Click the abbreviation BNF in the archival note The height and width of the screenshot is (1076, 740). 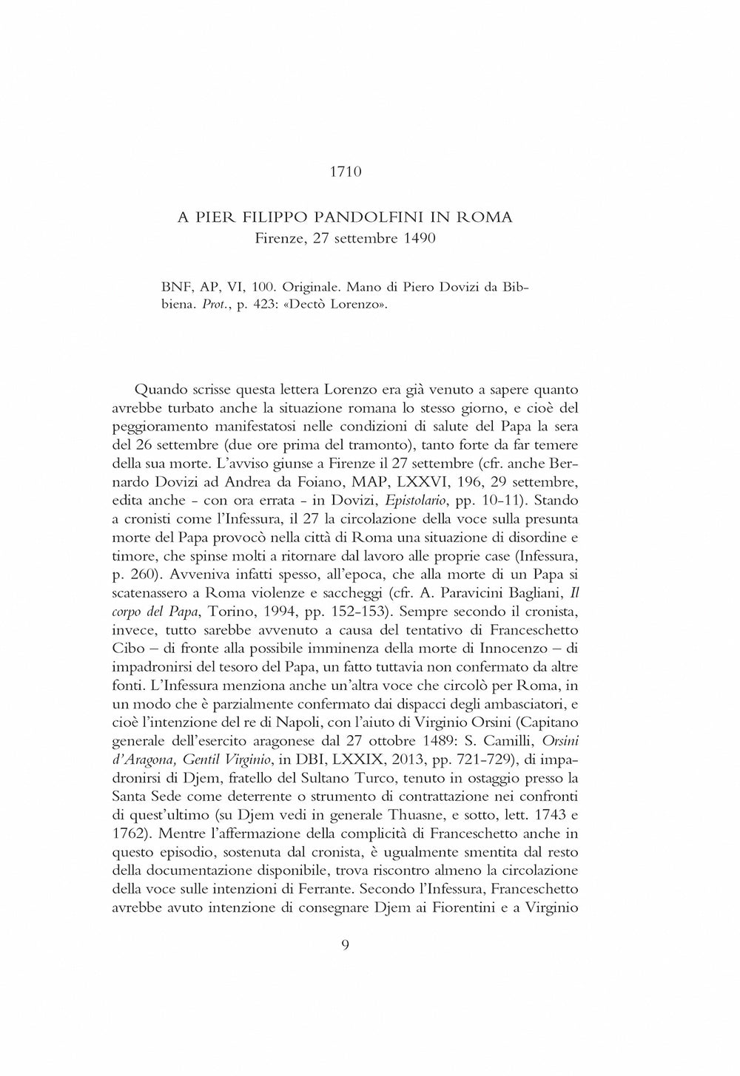point(173,286)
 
